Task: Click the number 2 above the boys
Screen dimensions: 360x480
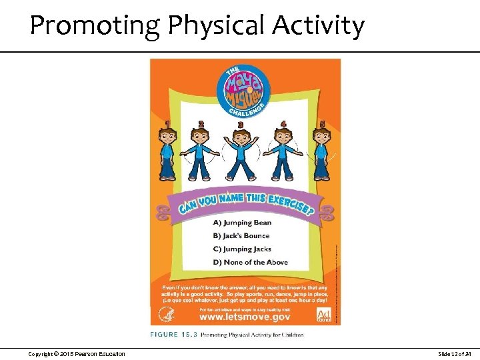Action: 201,124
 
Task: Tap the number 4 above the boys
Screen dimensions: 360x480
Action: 283,124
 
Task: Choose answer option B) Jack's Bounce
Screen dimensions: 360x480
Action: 241,235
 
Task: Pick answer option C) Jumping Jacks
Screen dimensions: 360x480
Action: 242,249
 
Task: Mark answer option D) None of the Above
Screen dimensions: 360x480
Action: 250,262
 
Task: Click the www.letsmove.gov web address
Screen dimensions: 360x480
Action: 245,317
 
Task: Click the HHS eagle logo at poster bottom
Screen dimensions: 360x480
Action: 167,313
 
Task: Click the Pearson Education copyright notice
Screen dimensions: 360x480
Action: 77,353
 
